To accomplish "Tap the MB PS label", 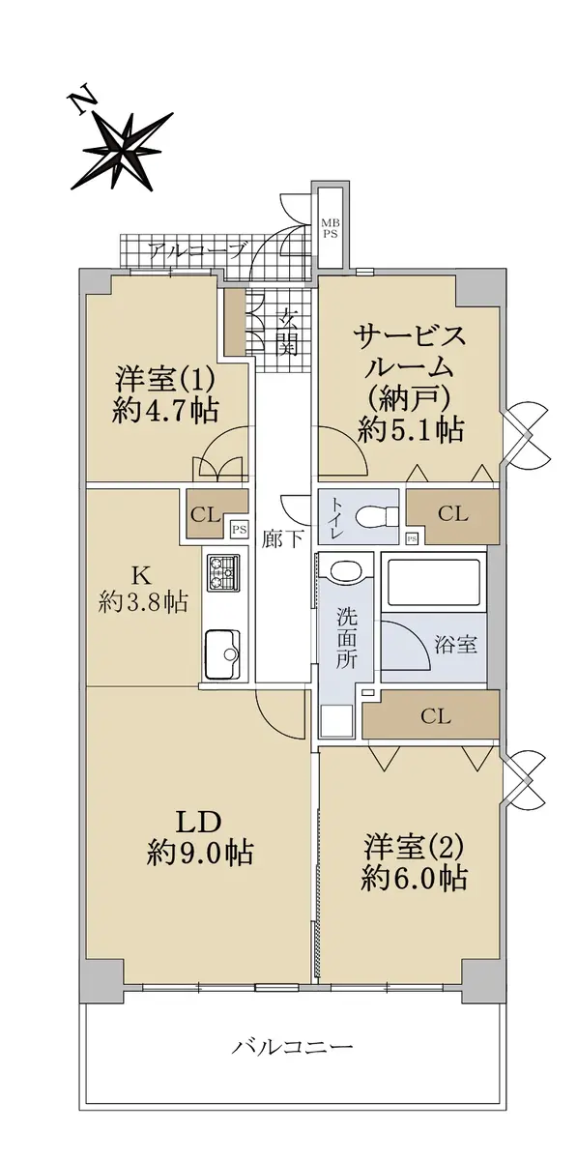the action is point(330,228).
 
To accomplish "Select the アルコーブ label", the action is point(197,250).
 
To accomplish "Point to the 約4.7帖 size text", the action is point(164,411).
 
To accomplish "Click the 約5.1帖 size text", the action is point(410,429).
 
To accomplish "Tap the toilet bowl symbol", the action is point(377,516).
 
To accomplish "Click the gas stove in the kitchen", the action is point(224,572).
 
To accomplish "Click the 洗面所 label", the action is point(346,636).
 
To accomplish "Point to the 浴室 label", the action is point(456,646).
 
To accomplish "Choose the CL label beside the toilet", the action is point(452,513).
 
